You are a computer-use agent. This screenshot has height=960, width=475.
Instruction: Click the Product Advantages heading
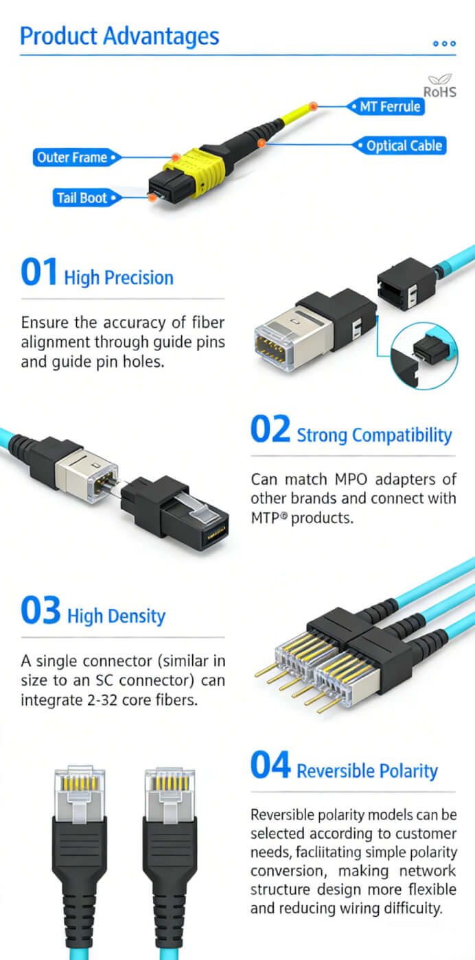119,36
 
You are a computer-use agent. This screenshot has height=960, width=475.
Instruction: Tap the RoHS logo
439,86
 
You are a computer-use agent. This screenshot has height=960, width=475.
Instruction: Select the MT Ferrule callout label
390,107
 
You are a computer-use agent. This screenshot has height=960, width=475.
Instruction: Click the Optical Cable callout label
404,146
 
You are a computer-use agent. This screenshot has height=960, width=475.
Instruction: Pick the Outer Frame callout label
72,158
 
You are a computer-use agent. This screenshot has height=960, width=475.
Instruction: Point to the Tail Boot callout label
82,198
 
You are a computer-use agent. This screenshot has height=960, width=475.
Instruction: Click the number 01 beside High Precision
39,273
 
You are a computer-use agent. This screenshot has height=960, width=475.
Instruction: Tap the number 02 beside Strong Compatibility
270,430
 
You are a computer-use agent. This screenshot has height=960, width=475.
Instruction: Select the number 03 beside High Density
40,611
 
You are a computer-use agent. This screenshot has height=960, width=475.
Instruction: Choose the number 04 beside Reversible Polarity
270,766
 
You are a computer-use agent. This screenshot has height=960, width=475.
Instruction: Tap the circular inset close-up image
424,354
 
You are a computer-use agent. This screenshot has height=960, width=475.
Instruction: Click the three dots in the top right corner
444,43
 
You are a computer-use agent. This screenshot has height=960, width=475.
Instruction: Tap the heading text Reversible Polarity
367,771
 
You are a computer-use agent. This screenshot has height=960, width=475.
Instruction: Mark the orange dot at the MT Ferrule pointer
313,106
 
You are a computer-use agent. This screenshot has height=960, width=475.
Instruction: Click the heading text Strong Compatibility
374,435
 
